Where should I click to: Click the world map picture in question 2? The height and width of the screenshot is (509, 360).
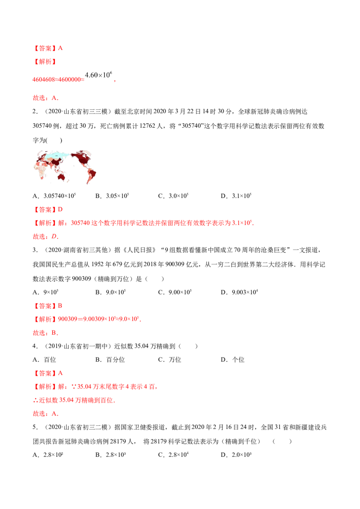click(65, 167)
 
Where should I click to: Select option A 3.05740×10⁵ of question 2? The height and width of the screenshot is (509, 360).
click(54, 196)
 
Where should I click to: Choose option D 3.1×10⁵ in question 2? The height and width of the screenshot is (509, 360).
click(236, 196)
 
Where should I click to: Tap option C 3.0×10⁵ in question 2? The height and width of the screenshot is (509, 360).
click(173, 196)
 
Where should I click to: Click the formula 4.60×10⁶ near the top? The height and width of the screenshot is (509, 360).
click(99, 75)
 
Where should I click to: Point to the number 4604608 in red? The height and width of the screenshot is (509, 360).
click(44, 80)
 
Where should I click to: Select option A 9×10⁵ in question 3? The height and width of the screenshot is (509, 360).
click(45, 292)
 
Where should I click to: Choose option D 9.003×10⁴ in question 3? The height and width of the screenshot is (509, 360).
click(239, 292)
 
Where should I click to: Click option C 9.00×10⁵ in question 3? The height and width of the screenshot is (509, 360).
click(175, 292)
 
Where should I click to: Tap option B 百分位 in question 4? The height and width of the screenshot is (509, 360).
click(110, 360)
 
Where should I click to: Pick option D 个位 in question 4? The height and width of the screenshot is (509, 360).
click(233, 360)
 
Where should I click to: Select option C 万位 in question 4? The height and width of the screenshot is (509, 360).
click(170, 360)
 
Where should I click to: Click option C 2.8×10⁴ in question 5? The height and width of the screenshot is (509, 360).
click(173, 455)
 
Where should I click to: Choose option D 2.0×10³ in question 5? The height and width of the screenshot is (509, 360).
click(236, 455)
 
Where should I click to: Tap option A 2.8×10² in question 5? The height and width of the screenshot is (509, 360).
click(48, 455)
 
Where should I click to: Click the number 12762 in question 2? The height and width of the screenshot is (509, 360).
click(148, 126)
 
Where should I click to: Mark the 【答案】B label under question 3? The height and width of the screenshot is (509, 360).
click(47, 306)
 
